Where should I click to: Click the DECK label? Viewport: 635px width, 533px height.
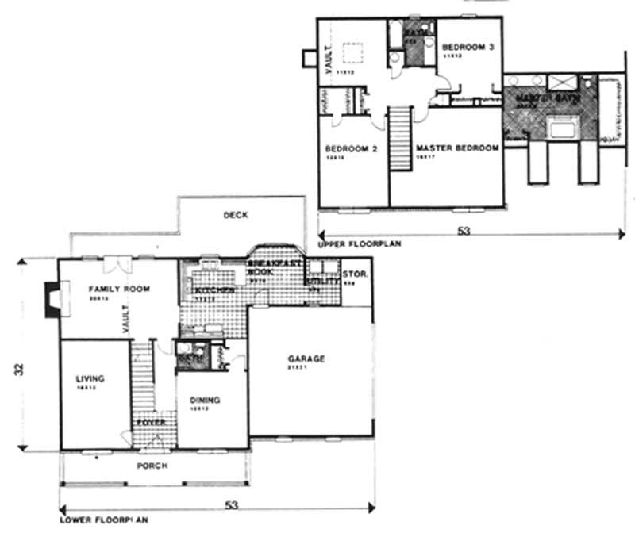[235, 215]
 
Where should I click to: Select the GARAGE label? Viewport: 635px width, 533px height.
[306, 359]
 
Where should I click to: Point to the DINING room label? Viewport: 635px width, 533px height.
[206, 401]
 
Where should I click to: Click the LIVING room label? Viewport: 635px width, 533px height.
[90, 379]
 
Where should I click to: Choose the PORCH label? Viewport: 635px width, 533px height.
[152, 466]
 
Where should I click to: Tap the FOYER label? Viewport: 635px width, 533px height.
[150, 423]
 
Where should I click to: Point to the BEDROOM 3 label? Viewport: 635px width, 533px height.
[468, 48]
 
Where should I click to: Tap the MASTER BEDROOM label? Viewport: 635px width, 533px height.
[456, 148]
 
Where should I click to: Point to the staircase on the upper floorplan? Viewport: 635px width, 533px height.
[399, 138]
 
